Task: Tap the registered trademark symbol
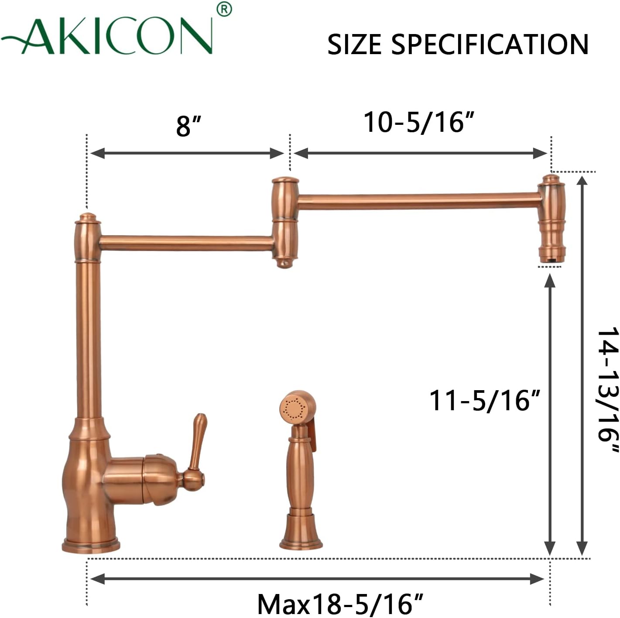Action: tap(224, 10)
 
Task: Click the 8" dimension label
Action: tap(188, 126)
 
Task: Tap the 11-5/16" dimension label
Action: tap(485, 400)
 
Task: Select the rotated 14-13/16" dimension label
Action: tap(608, 390)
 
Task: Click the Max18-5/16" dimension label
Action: tap(340, 604)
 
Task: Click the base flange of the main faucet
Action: tap(91, 546)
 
